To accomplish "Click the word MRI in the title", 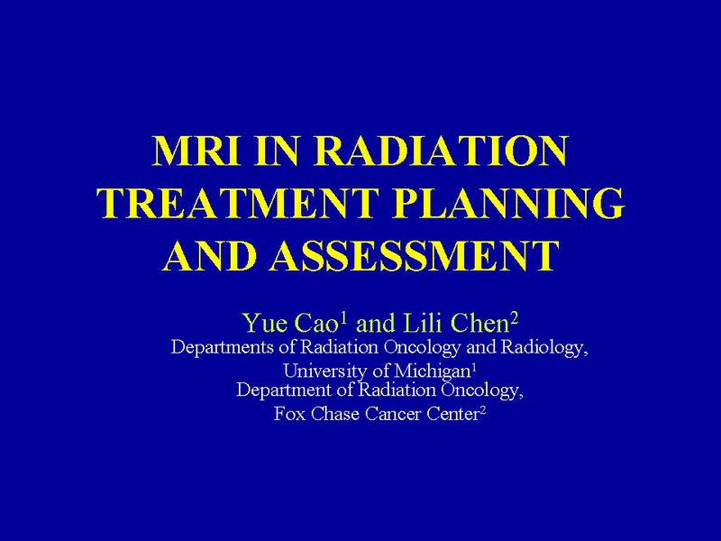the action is [x=196, y=151].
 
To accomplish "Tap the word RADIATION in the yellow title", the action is [x=442, y=151].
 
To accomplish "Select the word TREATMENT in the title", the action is [x=238, y=203].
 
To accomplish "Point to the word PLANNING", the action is [x=508, y=203].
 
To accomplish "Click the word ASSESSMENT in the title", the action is [x=415, y=255].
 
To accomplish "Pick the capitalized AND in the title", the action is [x=209, y=255].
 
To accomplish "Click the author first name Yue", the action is [x=264, y=323].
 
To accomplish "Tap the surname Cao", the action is [x=316, y=323].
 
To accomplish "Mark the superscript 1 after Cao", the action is [x=342, y=318].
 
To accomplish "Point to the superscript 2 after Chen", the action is [x=514, y=318].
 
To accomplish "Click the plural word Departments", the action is [x=223, y=347].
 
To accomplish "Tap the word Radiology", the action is [x=544, y=348].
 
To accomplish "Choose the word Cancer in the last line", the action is [x=393, y=414].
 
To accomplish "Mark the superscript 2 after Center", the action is [x=482, y=409].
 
